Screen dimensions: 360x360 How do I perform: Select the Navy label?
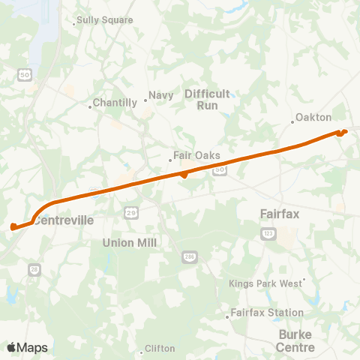[x=161, y=95]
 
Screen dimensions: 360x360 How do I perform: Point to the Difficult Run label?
[x=201, y=99]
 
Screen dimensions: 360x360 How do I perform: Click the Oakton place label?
[x=313, y=118]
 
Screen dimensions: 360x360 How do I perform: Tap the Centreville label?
[x=64, y=221]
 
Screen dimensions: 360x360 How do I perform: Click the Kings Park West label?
[x=265, y=283]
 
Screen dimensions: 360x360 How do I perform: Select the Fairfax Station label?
[x=267, y=313]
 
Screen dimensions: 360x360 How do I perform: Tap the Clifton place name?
[x=159, y=349]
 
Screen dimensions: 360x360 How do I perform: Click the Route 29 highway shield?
[x=130, y=214]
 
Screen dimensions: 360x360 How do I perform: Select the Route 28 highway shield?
[x=34, y=268]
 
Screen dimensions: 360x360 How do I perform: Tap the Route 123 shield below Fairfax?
[x=268, y=234]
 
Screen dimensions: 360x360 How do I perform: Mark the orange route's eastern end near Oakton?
[x=344, y=132]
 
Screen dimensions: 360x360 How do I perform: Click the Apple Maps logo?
[x=27, y=347]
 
